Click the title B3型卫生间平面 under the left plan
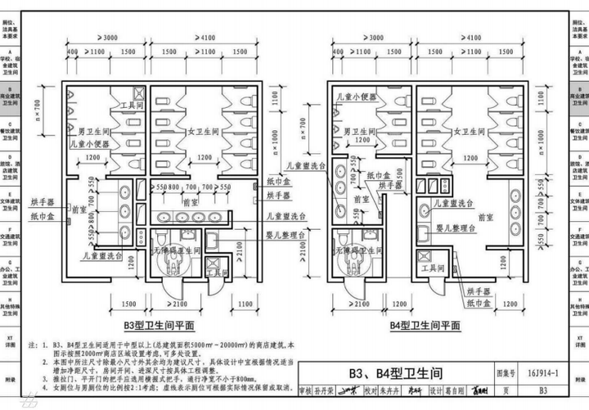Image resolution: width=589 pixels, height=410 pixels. coord(163,324)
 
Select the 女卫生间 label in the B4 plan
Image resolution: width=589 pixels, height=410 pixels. coord(455,130)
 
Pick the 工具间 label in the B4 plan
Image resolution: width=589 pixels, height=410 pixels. coord(431,268)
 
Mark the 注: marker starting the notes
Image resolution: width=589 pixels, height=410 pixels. coord(33,345)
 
